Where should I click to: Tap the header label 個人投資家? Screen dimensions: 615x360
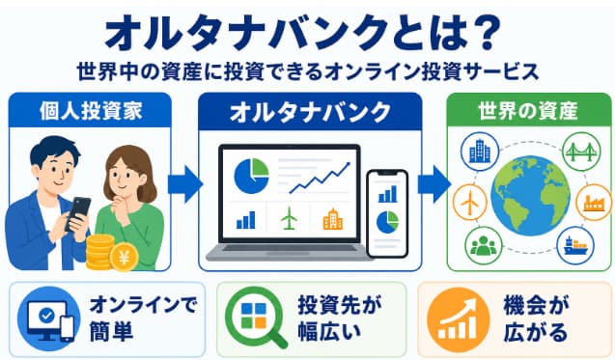(x=91, y=111)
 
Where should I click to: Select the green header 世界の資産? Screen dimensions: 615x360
(x=528, y=111)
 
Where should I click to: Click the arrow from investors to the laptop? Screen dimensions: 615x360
(x=185, y=184)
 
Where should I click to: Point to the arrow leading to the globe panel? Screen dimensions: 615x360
(x=434, y=184)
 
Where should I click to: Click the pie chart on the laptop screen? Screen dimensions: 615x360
(x=251, y=176)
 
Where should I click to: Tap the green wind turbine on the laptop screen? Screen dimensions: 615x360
(x=289, y=218)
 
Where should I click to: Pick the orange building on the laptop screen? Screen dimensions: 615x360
(x=332, y=219)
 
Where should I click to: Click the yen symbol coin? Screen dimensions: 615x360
(x=124, y=258)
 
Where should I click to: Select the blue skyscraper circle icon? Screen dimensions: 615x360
(x=480, y=151)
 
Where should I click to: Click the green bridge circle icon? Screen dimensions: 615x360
(x=581, y=152)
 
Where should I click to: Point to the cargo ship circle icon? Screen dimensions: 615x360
(x=575, y=246)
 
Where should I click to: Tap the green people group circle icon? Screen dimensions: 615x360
(x=484, y=246)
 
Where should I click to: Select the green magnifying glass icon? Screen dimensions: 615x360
(x=256, y=318)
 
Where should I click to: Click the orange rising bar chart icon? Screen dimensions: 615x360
(x=459, y=319)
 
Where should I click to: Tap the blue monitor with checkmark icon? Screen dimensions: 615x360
(x=49, y=318)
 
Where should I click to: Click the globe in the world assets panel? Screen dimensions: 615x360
(x=530, y=196)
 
